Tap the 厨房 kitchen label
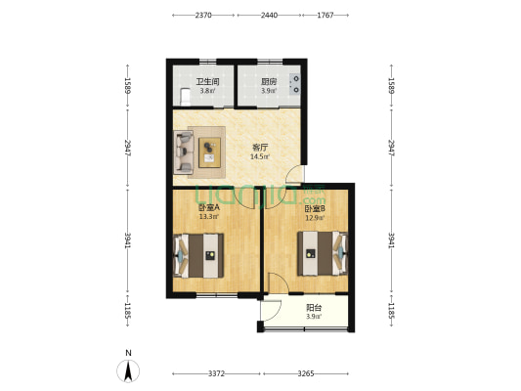pos(269,82)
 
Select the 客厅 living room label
pos(260,148)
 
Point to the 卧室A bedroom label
pos(209,208)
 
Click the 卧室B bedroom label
pos(315,208)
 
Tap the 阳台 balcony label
pos(314,308)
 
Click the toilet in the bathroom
pos(185,97)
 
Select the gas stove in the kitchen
pos(295,84)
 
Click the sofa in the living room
pos(184,152)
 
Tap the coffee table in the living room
pos(209,152)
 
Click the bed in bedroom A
pos(198,255)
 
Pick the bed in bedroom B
pos(323,253)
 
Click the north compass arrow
pos(128,370)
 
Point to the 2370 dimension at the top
pos(203,15)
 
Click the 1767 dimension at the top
pos(326,15)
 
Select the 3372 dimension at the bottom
pos(216,373)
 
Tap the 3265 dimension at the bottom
pos(306,373)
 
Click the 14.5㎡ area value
pos(260,156)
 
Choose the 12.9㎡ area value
pos(315,218)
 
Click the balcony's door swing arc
pos(279,312)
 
